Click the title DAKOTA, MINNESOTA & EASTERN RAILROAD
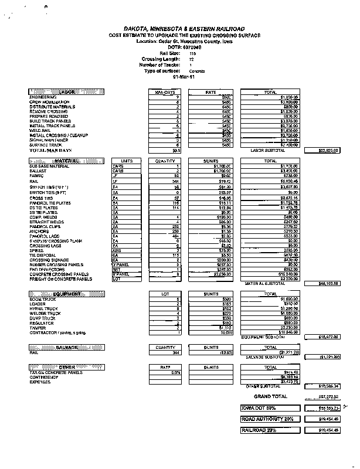[184, 29]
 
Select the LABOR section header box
[66, 92]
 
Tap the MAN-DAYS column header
[165, 92]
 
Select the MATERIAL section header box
[66, 160]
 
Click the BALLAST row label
[38, 171]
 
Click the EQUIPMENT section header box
[66, 293]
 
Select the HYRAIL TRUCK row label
[43, 308]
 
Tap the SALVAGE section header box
[66, 347]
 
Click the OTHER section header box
[66, 367]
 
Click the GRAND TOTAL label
[270, 396]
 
